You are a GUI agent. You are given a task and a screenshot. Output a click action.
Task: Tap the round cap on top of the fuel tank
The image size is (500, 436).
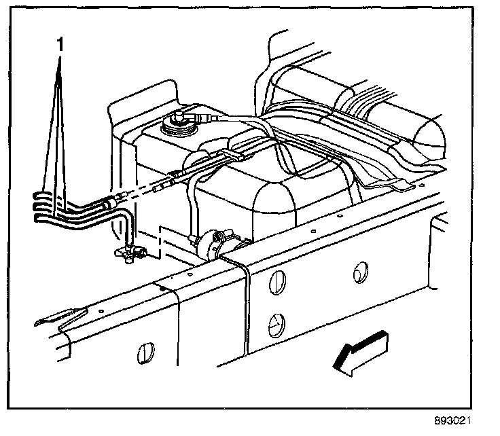(x=175, y=124)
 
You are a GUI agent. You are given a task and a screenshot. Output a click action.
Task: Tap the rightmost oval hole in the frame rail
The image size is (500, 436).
(x=359, y=272)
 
